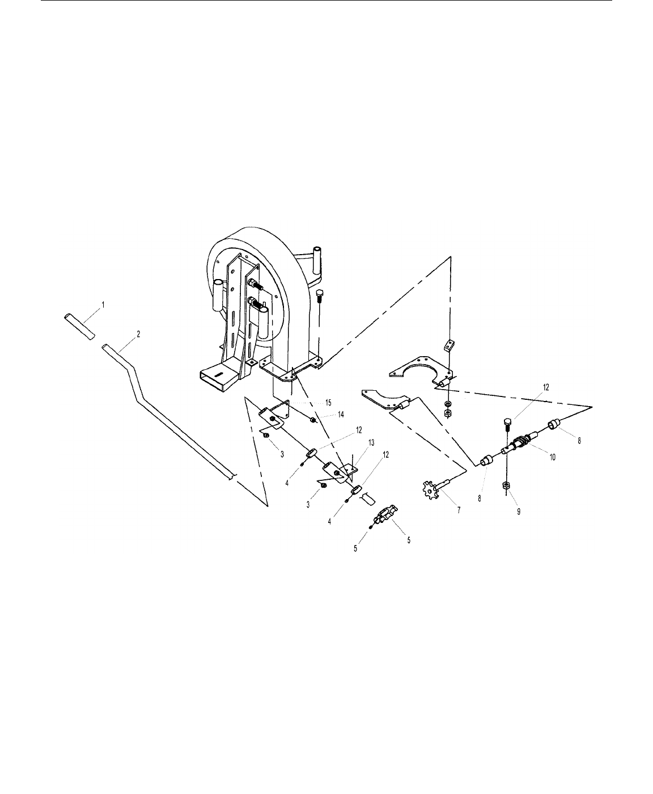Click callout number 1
[104, 304]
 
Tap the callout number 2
[138, 334]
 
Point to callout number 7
[459, 510]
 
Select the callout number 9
[519, 512]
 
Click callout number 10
[553, 458]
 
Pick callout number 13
[371, 443]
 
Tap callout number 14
[341, 415]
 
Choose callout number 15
[328, 403]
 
